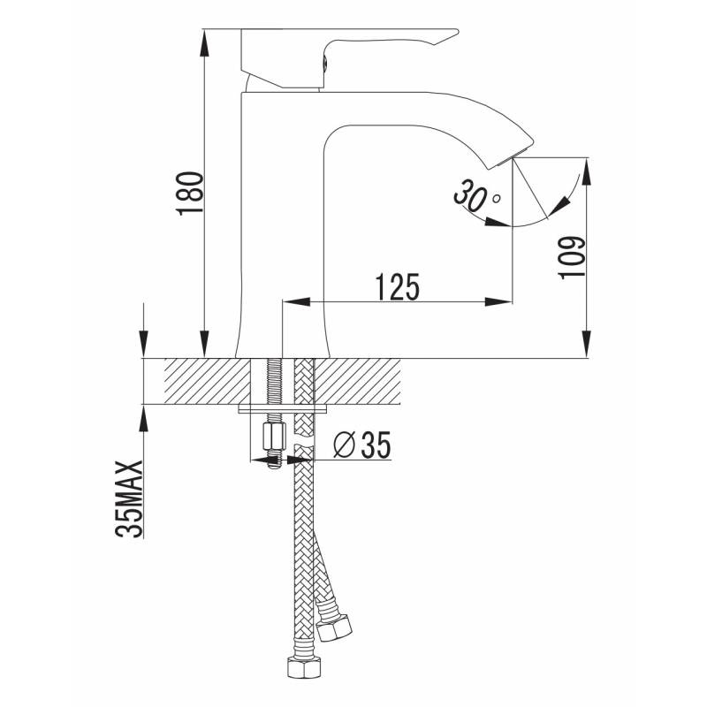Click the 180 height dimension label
191,194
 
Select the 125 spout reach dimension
397,286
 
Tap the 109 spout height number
571,257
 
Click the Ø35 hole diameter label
361,445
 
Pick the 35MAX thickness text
129,498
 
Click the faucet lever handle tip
455,33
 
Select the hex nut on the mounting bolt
274,436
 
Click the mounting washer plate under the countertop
283,409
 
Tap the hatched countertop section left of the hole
207,382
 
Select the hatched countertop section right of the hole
357,382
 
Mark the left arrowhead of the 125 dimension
296,301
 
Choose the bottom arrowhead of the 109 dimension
586,344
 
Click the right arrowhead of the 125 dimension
498,301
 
